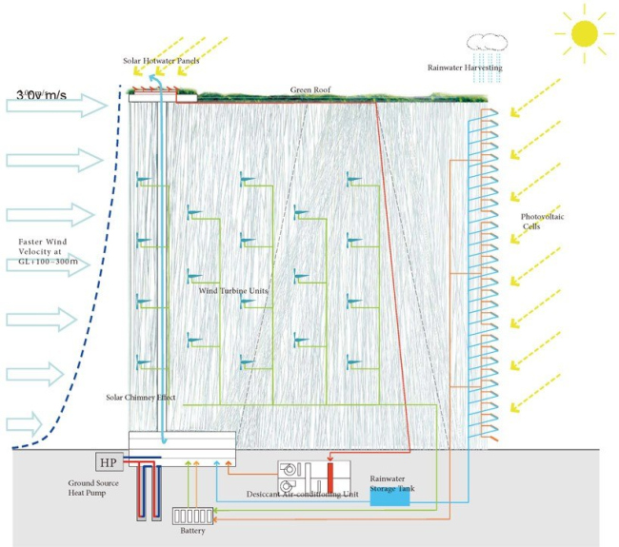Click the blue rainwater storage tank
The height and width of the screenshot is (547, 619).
click(x=383, y=495)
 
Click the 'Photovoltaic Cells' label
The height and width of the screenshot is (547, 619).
click(x=545, y=223)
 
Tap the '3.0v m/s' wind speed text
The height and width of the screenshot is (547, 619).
click(x=49, y=94)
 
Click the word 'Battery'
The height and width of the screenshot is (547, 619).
click(x=192, y=530)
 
